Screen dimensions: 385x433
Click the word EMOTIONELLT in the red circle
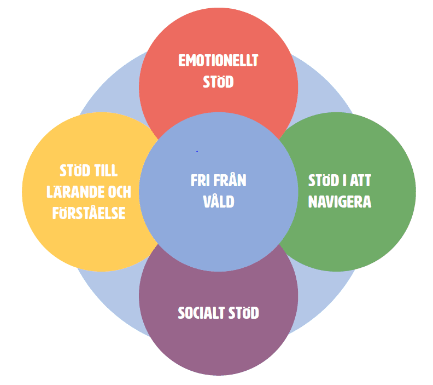(x=218, y=61)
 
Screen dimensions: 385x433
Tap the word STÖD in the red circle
(x=218, y=82)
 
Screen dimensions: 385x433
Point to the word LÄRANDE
(x=80, y=192)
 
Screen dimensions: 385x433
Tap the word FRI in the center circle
(x=201, y=181)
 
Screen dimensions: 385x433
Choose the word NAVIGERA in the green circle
(x=340, y=202)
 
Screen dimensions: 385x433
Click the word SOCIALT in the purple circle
(x=201, y=313)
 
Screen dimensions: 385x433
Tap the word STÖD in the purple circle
(x=244, y=313)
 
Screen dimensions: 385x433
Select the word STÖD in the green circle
(x=322, y=181)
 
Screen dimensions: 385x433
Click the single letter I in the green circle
(x=342, y=181)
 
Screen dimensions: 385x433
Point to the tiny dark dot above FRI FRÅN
(x=197, y=151)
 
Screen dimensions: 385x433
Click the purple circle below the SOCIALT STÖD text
(x=218, y=350)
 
